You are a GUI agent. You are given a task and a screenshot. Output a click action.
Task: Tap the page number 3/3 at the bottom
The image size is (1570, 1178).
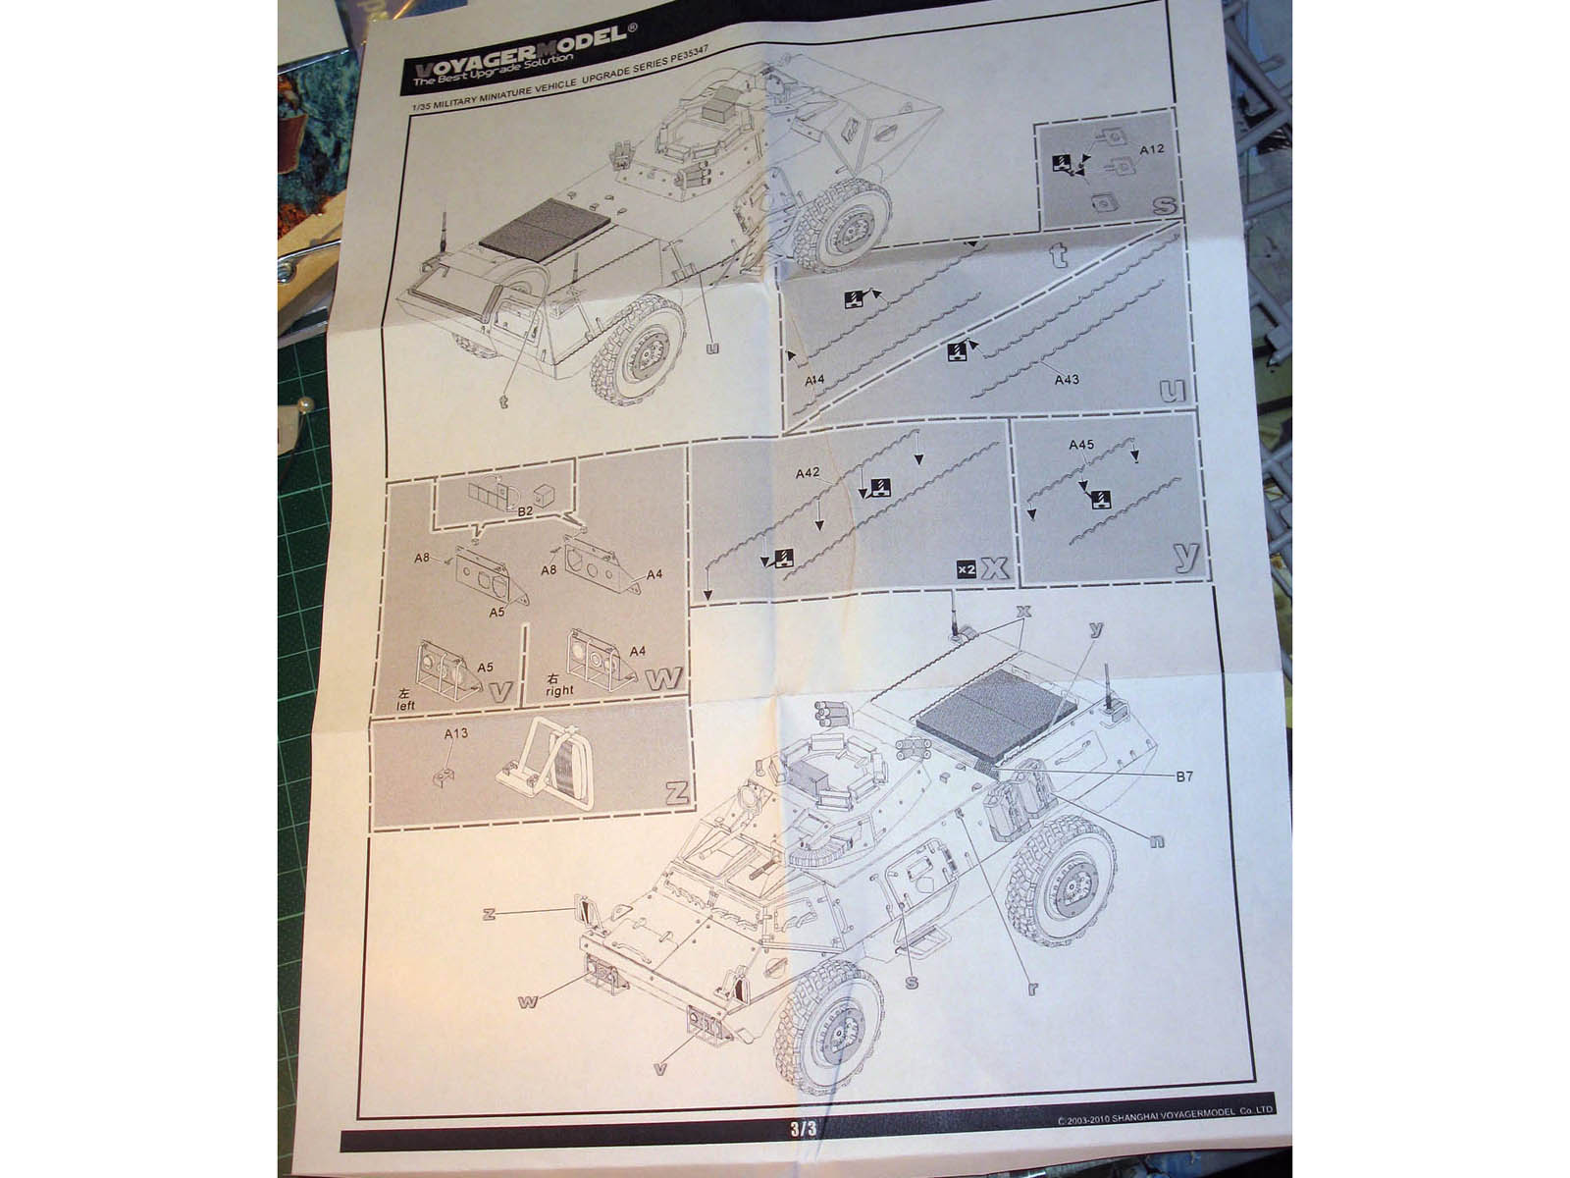point(803,1129)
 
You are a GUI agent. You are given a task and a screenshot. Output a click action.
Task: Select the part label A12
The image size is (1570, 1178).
point(1151,148)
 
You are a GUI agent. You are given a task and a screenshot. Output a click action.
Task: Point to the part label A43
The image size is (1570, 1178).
point(1066,379)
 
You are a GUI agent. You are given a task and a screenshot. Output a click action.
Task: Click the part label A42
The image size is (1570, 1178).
point(807,473)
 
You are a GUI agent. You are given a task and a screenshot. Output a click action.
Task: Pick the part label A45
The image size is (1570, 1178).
point(1080,445)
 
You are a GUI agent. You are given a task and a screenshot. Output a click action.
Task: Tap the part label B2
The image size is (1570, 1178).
point(524,511)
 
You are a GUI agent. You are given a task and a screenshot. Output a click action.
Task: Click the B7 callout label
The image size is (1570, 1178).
point(1184,776)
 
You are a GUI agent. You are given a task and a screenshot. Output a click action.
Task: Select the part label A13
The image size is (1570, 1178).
point(455,733)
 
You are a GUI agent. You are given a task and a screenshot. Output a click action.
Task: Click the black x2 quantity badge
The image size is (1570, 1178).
point(966,569)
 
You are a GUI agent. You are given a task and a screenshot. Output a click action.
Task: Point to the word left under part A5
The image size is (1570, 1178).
point(406,704)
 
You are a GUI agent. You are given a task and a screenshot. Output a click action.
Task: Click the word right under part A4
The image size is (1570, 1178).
point(558,689)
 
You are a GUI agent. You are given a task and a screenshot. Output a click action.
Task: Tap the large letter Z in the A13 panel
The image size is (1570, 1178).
point(676,793)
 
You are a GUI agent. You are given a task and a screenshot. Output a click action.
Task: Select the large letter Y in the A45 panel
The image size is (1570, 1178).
point(1186,556)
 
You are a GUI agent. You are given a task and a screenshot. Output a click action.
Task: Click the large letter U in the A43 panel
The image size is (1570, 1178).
point(1172,392)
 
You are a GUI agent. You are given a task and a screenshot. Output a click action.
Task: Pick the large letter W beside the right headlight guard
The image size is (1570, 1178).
point(663,679)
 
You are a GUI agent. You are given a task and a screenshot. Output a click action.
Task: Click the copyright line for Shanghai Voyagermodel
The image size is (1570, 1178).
point(1165,1110)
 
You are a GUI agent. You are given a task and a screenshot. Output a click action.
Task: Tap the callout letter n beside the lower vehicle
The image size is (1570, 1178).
point(1157,840)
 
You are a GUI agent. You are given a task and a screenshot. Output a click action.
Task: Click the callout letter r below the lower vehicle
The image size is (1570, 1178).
point(1032,989)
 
